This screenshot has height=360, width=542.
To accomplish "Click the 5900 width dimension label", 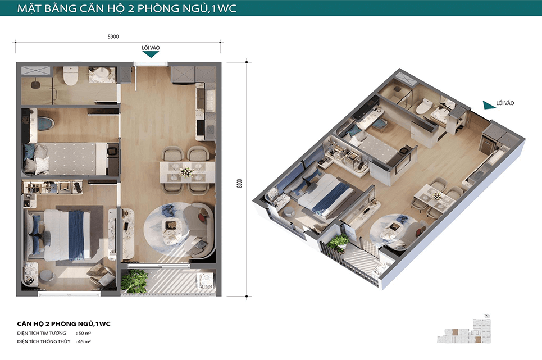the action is (x=113, y=37).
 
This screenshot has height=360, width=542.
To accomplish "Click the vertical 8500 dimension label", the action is (x=239, y=184).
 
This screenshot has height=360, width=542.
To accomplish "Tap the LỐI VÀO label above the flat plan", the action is (x=151, y=48).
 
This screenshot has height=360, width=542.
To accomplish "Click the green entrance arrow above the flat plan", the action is (x=151, y=54).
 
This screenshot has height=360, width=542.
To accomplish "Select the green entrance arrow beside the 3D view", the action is (x=489, y=105).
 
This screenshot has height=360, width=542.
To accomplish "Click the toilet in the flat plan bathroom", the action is (x=71, y=76).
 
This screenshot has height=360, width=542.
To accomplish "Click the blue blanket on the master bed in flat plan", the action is (x=76, y=235).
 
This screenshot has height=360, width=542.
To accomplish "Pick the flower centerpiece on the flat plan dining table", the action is (x=186, y=172).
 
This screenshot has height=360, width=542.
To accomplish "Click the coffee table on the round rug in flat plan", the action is (x=171, y=229).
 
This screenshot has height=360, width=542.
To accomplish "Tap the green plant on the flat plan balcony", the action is (x=135, y=281).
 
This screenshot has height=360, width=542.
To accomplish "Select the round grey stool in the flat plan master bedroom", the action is (x=47, y=276).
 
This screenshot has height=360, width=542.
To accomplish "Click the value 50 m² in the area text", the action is (x=85, y=334).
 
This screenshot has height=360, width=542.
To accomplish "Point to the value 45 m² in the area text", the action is (x=85, y=341).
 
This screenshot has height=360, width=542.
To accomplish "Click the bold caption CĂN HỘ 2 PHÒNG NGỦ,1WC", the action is (x=63, y=323).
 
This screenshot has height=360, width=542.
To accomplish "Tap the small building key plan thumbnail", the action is (x=464, y=331).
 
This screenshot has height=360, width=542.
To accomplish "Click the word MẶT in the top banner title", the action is (x=28, y=8).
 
